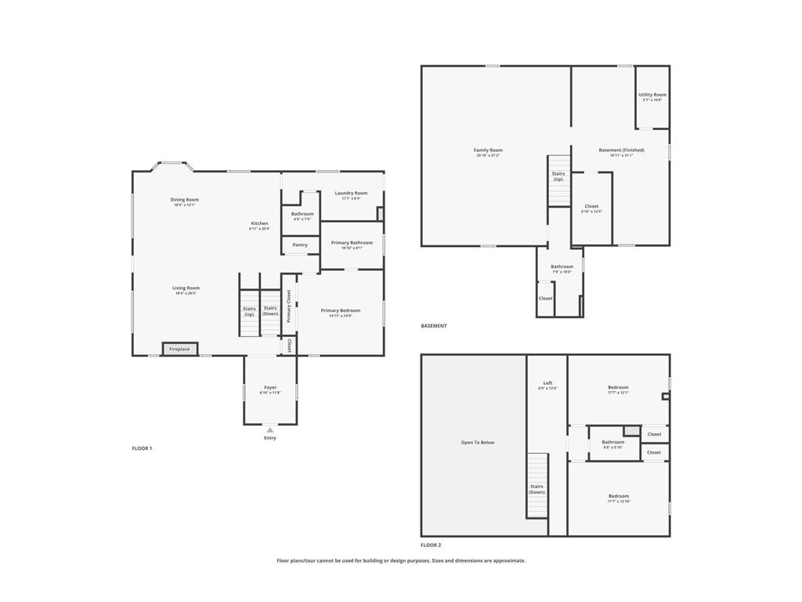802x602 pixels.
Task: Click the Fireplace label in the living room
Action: click(179, 349)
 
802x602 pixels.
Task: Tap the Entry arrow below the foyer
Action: click(269, 430)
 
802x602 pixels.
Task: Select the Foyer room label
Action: click(270, 387)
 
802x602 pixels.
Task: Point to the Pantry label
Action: click(300, 245)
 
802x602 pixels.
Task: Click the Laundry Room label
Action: click(351, 193)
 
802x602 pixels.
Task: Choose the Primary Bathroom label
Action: click(352, 243)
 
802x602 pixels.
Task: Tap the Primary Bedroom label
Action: click(341, 310)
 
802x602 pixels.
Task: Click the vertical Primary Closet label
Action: click(288, 306)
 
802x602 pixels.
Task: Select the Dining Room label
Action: click(185, 200)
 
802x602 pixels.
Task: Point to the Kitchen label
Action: click(259, 223)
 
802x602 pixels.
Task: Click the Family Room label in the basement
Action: click(488, 150)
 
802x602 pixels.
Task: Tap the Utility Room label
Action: click(652, 95)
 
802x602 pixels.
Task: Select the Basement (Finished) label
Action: click(621, 150)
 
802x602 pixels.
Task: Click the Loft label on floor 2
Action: click(547, 383)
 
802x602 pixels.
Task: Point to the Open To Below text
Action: click(478, 442)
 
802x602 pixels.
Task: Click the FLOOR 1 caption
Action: click(142, 448)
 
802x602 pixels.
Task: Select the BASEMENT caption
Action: click(434, 326)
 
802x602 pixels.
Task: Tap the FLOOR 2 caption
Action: click(431, 545)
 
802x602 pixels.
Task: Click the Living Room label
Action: click(186, 288)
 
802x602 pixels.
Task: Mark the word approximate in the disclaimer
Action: click(506, 560)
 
